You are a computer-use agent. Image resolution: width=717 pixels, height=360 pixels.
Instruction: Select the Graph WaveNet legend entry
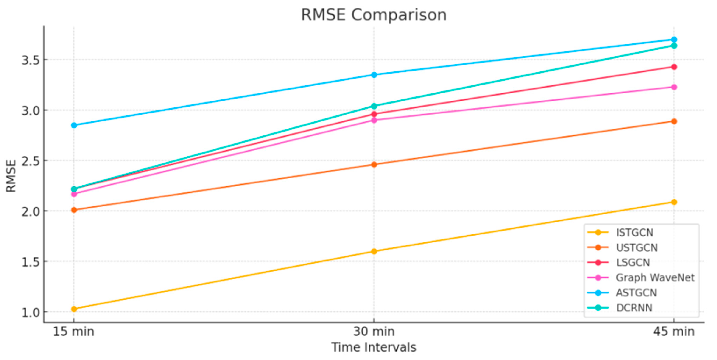[x=655, y=278]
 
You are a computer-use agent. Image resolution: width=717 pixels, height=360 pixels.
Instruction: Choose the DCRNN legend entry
[x=634, y=308]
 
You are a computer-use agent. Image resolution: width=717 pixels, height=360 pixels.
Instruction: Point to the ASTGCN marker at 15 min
[x=74, y=125]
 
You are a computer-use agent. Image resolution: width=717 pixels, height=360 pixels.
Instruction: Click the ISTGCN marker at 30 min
[x=374, y=252]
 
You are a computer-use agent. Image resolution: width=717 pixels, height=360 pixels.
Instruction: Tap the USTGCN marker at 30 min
[x=374, y=165]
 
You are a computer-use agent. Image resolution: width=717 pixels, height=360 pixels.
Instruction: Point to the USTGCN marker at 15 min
[x=74, y=210]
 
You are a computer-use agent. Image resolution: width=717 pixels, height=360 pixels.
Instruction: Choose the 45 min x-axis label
[x=674, y=332]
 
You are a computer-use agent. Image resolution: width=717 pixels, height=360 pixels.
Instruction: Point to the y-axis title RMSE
[x=11, y=176]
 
